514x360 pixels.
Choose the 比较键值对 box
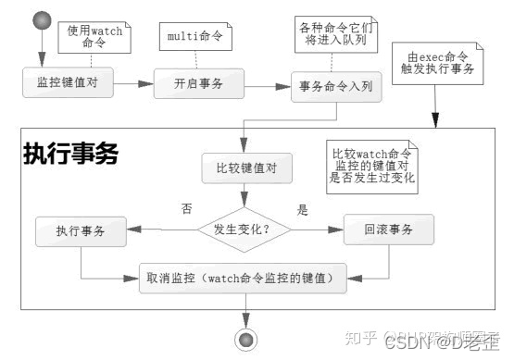242,169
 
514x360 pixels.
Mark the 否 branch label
186,209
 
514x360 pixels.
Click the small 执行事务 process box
81,230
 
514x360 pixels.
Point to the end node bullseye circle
245,339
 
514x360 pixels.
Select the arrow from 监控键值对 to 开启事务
132,83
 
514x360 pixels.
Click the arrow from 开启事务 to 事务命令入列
269,85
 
